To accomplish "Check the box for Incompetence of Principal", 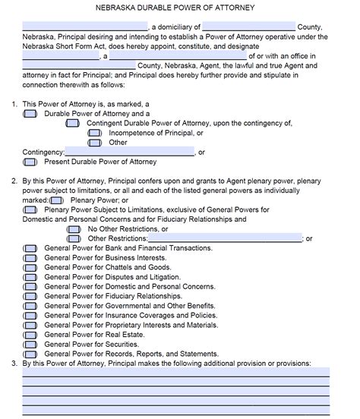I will [x=95, y=133].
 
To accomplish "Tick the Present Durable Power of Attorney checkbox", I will [x=30, y=162].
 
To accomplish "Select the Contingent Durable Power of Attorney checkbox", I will [x=72, y=123].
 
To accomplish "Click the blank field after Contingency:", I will [x=130, y=152].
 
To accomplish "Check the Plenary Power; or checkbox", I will [x=56, y=200].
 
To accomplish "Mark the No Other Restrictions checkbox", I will [x=73, y=229].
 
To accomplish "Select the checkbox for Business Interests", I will [x=30, y=258].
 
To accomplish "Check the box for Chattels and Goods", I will [x=30, y=268].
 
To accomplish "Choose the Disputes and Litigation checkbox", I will [x=30, y=277].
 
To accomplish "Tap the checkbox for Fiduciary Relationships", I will [x=30, y=296].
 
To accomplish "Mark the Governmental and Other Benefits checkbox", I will [x=30, y=306].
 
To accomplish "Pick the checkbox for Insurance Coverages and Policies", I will [x=30, y=315].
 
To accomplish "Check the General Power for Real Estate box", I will [x=30, y=335].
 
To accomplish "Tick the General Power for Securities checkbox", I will [x=30, y=344].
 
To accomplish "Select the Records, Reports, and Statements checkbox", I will [x=30, y=354].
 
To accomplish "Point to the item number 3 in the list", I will [x=14, y=364].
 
